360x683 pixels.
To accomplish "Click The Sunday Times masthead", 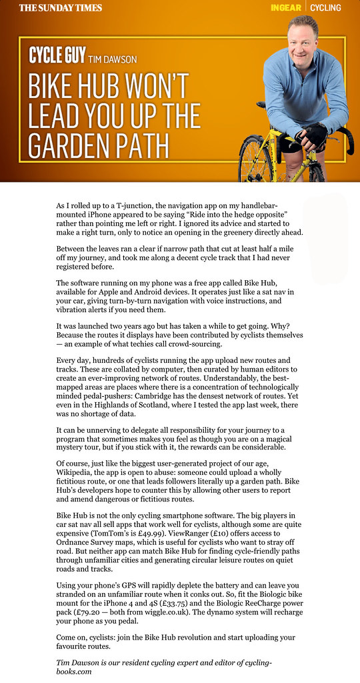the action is point(61,8).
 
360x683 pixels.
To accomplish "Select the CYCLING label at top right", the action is point(325,8).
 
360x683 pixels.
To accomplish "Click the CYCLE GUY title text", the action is point(56,56).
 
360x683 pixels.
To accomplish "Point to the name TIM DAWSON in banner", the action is point(113,59).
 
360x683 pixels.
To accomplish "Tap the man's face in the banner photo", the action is point(302,35).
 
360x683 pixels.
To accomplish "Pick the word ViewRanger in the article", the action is point(229,525).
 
